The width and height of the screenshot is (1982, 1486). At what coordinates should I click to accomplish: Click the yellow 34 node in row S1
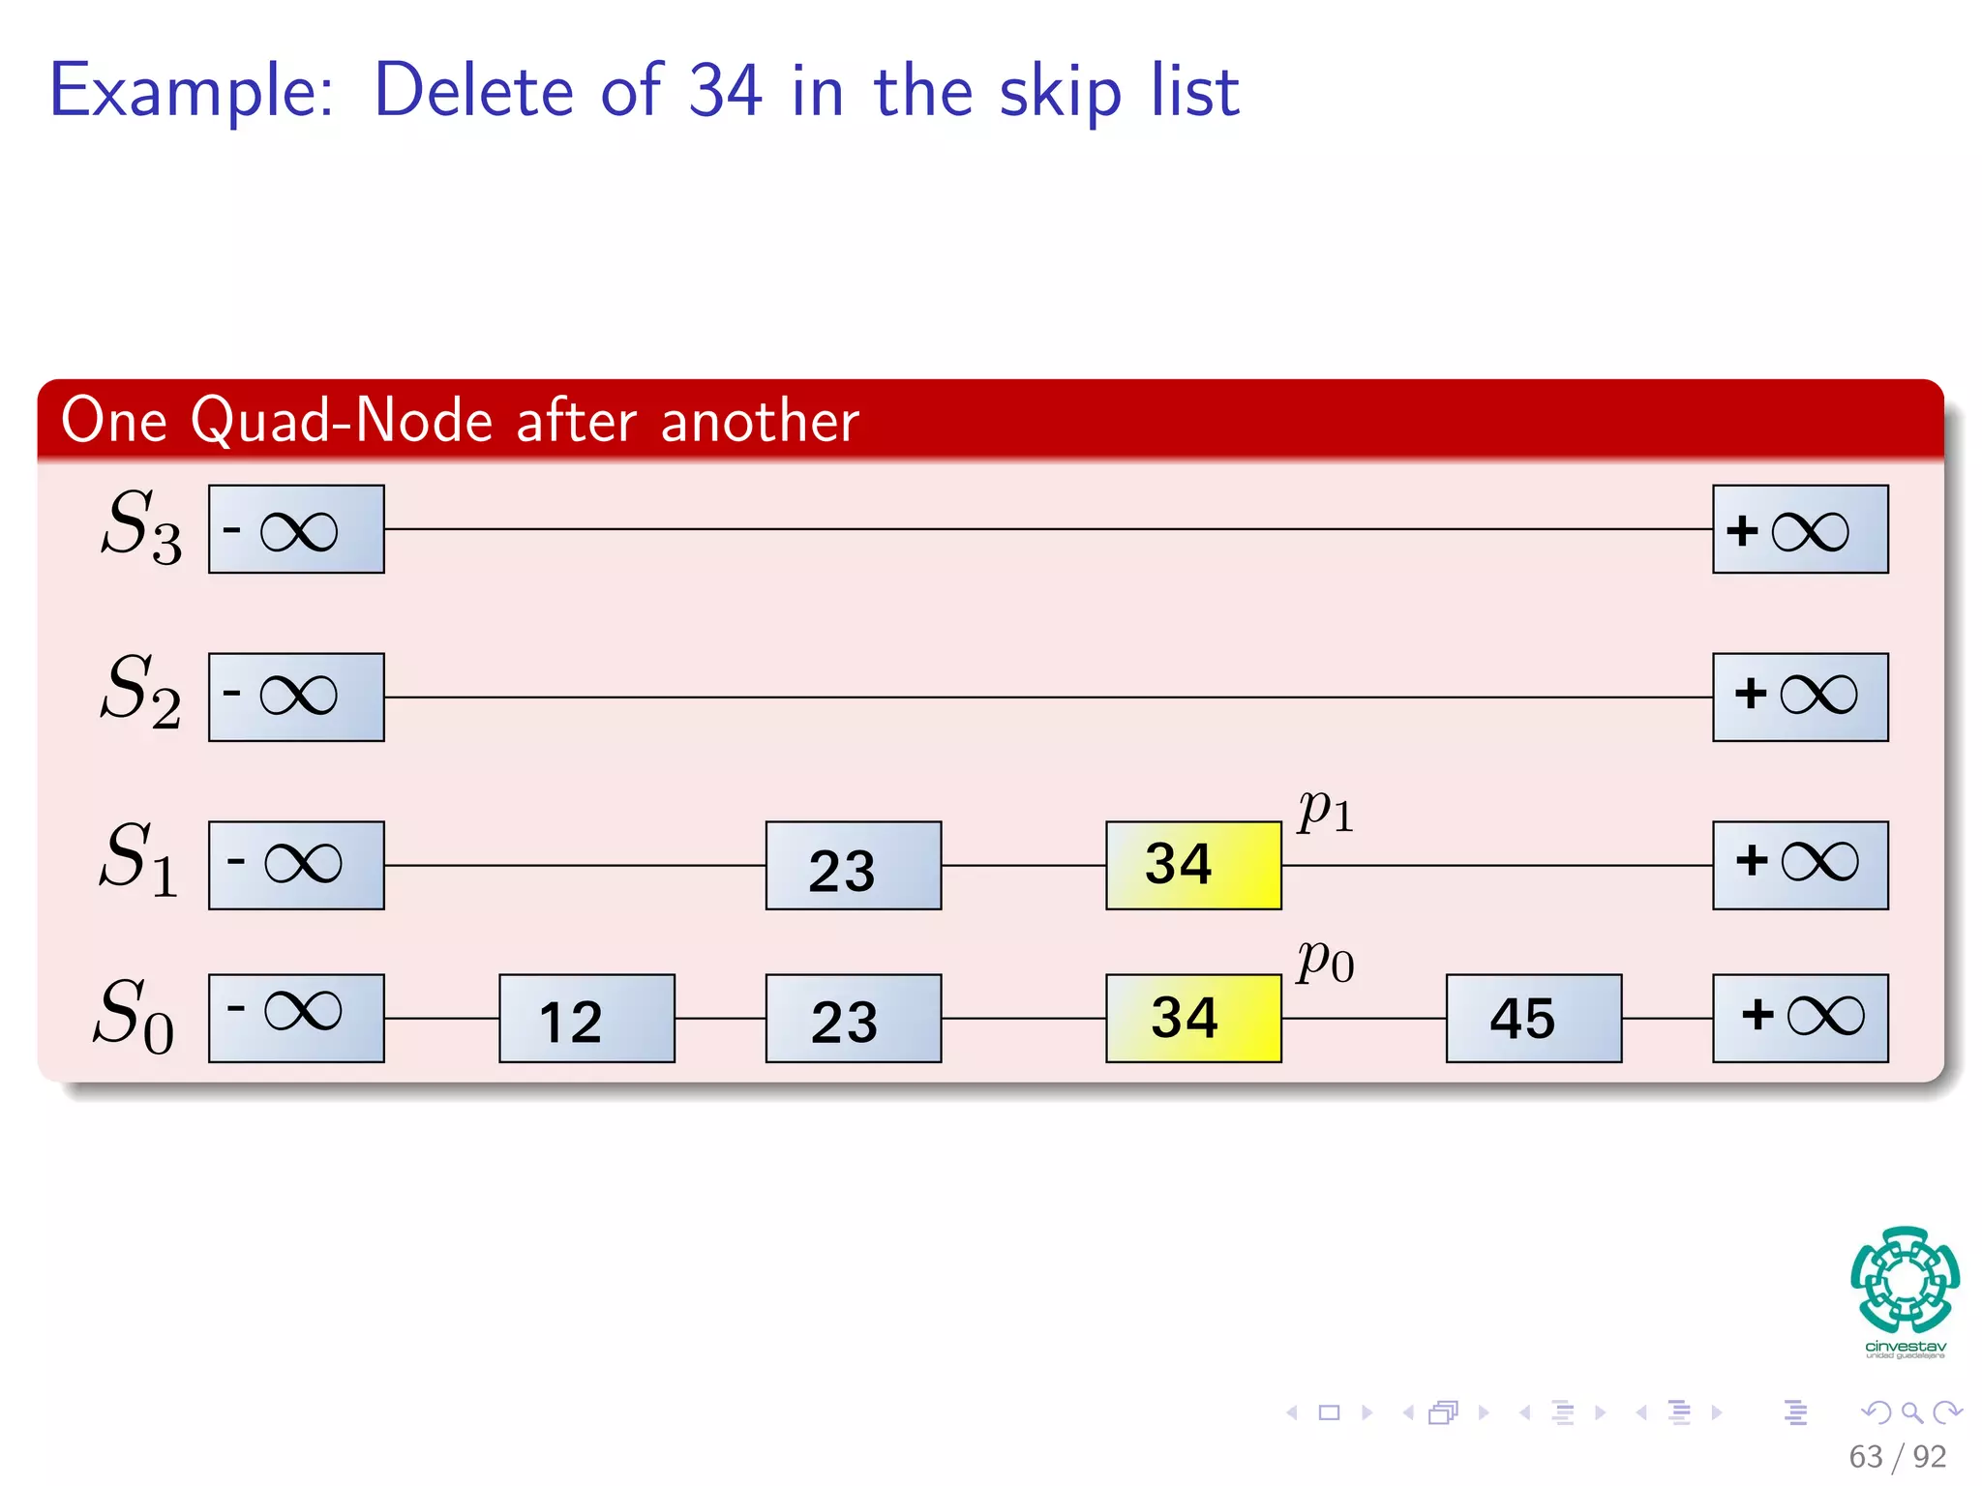pyautogui.click(x=1193, y=865)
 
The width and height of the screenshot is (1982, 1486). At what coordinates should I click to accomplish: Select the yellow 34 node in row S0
pyautogui.click(x=1193, y=1018)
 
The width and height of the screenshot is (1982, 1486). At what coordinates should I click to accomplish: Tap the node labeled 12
pyautogui.click(x=586, y=1018)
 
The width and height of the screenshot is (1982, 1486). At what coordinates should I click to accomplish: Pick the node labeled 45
pyautogui.click(x=1533, y=1018)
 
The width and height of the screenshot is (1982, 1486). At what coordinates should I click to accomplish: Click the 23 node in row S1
pyautogui.click(x=853, y=865)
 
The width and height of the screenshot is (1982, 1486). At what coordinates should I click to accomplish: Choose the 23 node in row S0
pyautogui.click(x=853, y=1018)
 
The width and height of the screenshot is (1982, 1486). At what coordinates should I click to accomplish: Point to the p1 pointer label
pyautogui.click(x=1325, y=811)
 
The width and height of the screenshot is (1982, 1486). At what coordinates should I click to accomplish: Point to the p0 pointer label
pyautogui.click(x=1325, y=962)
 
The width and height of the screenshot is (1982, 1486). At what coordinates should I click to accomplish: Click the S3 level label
pyautogui.click(x=141, y=526)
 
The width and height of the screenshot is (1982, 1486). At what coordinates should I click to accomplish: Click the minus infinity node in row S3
pyautogui.click(x=296, y=529)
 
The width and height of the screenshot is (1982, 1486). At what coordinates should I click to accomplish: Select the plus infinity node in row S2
pyautogui.click(x=1799, y=697)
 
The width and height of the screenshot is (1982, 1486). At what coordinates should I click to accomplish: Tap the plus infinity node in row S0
pyautogui.click(x=1799, y=1018)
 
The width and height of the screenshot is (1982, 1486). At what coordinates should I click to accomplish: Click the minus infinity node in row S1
pyautogui.click(x=296, y=865)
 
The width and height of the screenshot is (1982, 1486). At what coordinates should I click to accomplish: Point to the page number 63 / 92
pyautogui.click(x=1896, y=1456)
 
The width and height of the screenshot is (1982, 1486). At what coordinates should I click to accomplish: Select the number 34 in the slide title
pyautogui.click(x=725, y=91)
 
